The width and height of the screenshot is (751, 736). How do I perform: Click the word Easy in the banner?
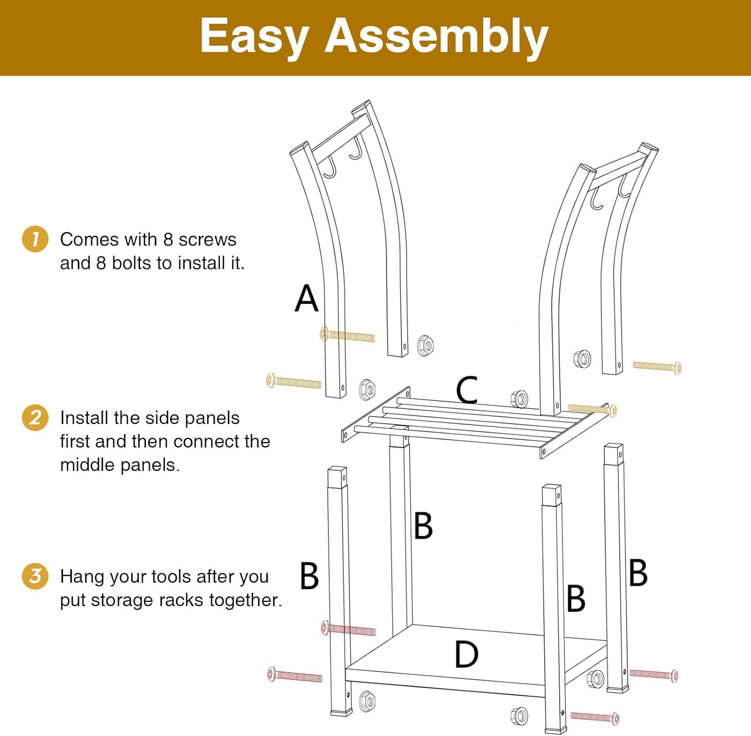coord(254,36)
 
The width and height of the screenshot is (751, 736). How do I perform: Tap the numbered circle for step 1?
coord(35,239)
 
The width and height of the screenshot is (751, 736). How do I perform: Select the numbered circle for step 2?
coord(35,418)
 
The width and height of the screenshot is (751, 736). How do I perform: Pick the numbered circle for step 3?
coord(35,576)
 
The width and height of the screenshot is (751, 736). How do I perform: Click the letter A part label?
coord(306,298)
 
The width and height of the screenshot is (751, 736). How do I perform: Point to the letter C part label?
coord(467,390)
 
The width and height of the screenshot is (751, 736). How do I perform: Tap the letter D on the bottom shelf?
coord(466,654)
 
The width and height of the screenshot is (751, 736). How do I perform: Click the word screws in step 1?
coord(207,240)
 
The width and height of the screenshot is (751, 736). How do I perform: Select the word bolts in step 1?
coord(132,263)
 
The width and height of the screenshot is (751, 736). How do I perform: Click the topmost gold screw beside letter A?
coord(347,335)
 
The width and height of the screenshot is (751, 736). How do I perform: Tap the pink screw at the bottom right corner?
coord(595,717)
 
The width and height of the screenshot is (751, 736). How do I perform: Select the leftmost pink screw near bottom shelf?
coord(294,675)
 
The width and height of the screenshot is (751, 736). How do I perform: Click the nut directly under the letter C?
coord(519,399)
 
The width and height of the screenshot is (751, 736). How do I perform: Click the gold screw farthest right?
coord(657,367)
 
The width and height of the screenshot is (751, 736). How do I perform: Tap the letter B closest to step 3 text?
coord(309,576)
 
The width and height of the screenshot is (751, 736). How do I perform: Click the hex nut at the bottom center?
coord(519,716)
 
